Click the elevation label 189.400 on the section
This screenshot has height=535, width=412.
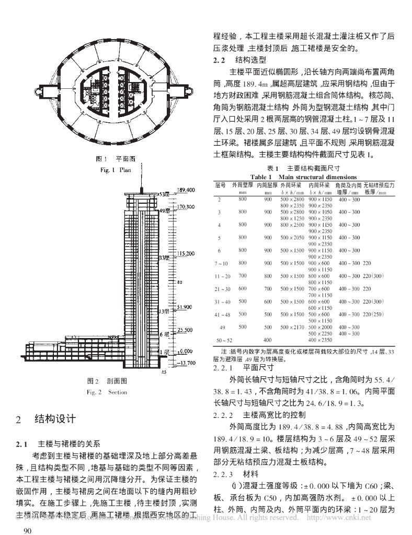click(187, 189)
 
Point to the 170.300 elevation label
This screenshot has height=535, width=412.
click(187, 207)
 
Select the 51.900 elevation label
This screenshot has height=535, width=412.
click(187, 307)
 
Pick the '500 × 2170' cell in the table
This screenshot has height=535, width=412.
click(292, 327)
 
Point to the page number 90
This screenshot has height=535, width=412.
click(24, 531)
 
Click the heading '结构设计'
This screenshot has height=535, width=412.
click(55, 418)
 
